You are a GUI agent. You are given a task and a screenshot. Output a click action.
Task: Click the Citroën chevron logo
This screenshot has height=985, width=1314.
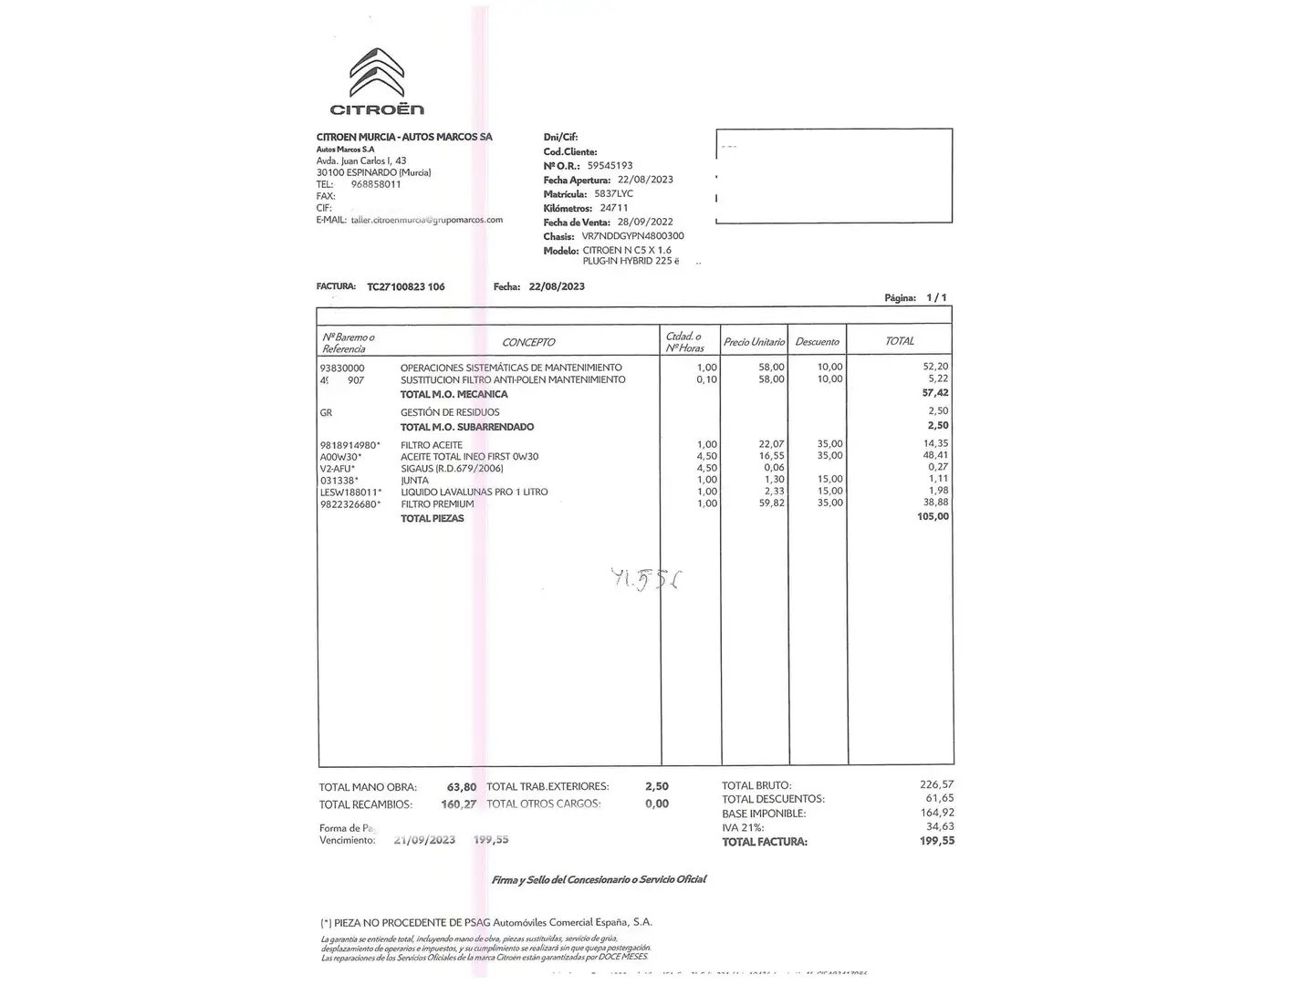376,74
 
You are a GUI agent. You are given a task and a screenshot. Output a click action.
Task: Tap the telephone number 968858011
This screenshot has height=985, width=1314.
376,184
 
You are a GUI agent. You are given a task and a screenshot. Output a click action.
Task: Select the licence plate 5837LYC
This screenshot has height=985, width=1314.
613,193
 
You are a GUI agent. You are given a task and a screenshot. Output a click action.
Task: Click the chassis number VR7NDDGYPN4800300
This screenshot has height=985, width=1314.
632,236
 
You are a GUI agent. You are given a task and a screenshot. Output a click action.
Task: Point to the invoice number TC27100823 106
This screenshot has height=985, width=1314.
406,286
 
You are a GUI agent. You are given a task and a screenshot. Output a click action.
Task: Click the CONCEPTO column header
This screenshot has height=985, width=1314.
528,342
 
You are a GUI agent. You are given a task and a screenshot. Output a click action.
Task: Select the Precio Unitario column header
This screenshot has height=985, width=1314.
754,342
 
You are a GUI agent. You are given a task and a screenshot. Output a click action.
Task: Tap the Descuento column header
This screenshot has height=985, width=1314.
817,342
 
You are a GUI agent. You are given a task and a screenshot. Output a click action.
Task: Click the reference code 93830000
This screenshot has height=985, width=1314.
342,368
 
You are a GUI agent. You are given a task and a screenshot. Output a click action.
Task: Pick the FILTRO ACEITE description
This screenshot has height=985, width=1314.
432,445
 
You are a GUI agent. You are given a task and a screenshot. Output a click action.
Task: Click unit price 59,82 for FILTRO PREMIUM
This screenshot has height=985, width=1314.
772,503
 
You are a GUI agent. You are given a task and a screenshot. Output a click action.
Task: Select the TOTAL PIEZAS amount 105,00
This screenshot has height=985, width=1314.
933,516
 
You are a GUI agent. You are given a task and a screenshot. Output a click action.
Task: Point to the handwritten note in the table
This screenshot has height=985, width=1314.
648,579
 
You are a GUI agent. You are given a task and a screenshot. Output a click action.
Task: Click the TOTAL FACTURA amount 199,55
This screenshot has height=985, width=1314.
937,841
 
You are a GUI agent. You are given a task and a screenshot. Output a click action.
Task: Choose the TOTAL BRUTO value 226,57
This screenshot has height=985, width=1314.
937,784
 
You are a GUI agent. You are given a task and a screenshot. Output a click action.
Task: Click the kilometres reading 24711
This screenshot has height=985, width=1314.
614,208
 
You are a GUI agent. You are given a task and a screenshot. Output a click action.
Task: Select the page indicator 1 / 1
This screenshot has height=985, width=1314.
936,297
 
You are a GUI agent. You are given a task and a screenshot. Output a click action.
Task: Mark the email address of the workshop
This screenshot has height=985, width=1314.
427,220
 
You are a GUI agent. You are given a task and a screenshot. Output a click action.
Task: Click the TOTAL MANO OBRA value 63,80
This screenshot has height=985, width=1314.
462,786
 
